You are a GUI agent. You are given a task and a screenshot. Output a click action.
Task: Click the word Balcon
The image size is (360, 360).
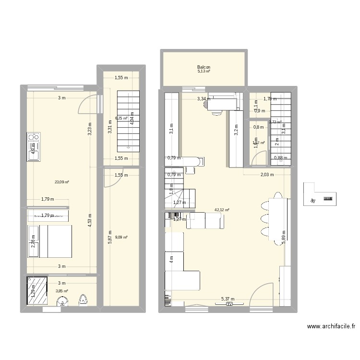coord(204,68)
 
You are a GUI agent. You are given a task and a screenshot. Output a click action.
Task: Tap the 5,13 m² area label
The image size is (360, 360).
coord(204,72)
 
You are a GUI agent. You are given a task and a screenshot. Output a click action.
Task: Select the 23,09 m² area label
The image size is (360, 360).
coord(62,182)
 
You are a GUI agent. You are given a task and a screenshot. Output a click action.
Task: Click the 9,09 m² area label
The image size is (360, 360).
coord(122,237)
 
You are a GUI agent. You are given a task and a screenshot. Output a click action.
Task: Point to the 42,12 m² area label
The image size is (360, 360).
coord(222,210)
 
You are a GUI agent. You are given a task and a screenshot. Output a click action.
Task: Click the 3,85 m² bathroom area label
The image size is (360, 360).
coord(62,291)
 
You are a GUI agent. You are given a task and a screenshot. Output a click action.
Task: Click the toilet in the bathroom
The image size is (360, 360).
coord(83,300)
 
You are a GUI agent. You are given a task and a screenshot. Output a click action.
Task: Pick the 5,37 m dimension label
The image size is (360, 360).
coord(228,299)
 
